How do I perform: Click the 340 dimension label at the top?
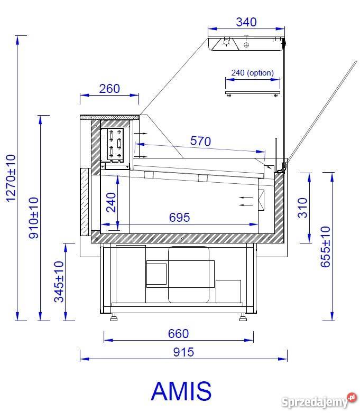pos(246,22)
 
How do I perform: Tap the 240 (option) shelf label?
pos(252,73)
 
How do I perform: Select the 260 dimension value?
pos(109,89)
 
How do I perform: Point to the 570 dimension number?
pos(200,141)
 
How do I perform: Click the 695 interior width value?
pos(179,217)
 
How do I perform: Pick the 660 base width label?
pos(178,334)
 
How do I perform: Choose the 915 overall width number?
pos(183,352)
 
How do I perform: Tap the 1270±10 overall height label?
pos(11,179)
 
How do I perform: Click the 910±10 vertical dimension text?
pos(33,218)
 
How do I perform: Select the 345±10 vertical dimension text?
pos(59,281)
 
